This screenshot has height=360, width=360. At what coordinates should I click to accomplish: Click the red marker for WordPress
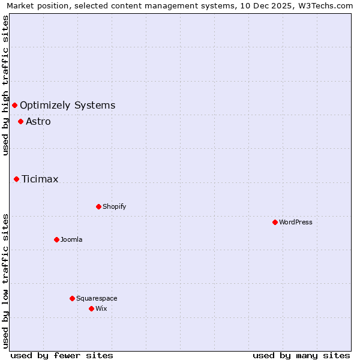(275, 222)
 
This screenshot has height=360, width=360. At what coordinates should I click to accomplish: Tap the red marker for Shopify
(98, 206)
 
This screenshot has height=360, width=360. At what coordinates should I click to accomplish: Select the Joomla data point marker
(56, 239)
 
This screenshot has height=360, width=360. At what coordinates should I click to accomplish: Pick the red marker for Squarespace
(72, 298)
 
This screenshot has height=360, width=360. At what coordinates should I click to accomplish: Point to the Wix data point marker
(91, 308)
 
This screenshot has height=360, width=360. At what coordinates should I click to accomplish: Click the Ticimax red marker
(16, 179)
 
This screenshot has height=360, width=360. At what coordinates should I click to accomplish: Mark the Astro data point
(20, 121)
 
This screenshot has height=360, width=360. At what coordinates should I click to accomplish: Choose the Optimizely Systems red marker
(14, 106)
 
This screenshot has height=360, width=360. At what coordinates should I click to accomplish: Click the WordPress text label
(296, 222)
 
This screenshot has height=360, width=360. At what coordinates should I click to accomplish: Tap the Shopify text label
(115, 206)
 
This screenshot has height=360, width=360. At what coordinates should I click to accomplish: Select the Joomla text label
(71, 239)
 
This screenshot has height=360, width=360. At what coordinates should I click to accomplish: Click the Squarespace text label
(97, 298)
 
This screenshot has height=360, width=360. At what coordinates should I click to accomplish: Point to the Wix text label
(101, 308)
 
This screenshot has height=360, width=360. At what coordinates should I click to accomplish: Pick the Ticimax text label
(40, 179)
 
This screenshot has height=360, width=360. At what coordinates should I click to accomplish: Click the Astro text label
(38, 121)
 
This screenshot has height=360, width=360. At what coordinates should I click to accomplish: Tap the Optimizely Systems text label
(68, 106)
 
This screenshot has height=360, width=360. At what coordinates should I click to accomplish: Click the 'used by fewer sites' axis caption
(62, 355)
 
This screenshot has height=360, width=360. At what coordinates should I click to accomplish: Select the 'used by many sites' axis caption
(301, 355)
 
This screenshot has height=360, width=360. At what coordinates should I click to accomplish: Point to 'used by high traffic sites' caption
(6, 85)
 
